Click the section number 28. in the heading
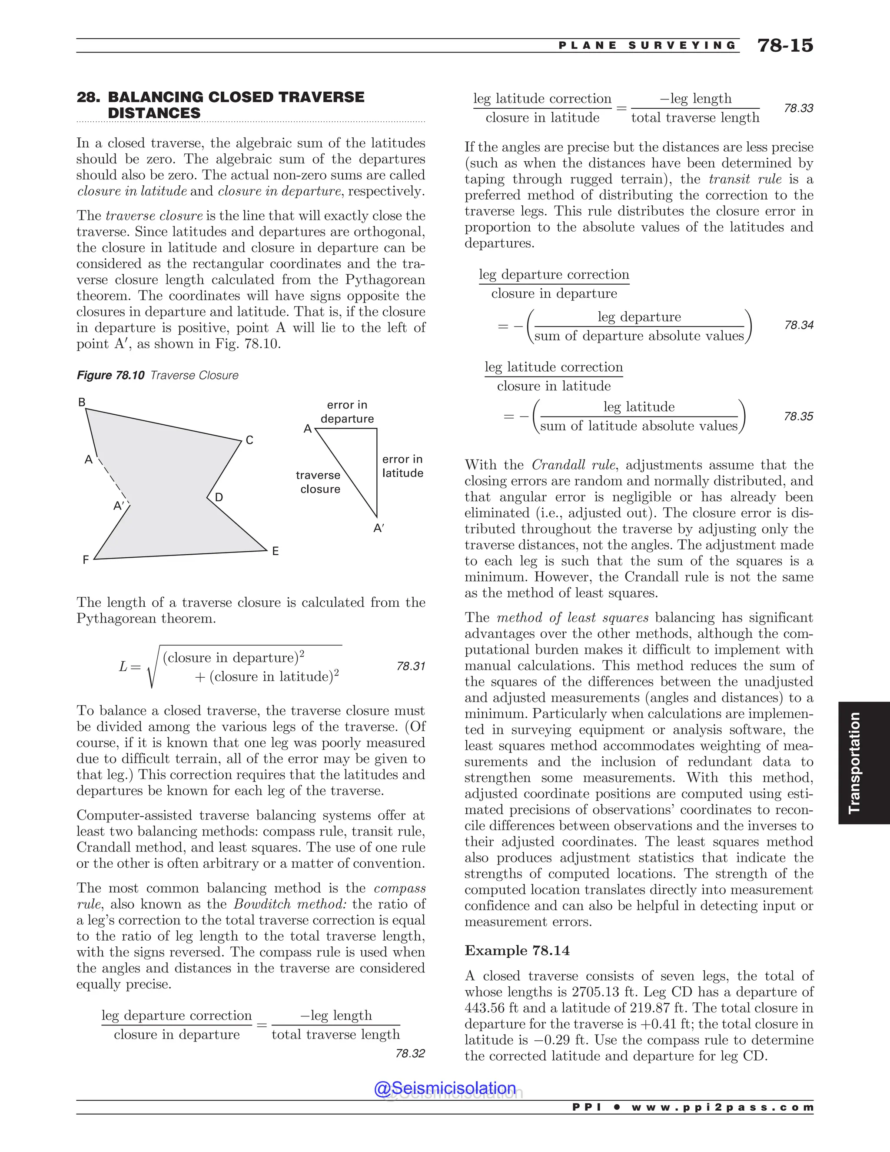[x=89, y=97]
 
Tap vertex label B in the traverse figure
[x=82, y=403]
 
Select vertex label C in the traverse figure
[x=249, y=440]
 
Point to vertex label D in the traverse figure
[x=219, y=497]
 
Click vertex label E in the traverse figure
[x=275, y=551]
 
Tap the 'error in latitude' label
[x=402, y=466]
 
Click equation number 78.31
[x=410, y=666]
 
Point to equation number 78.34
[x=798, y=326]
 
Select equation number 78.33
[x=798, y=108]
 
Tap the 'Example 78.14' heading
[x=517, y=950]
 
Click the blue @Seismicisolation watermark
[x=445, y=1088]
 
